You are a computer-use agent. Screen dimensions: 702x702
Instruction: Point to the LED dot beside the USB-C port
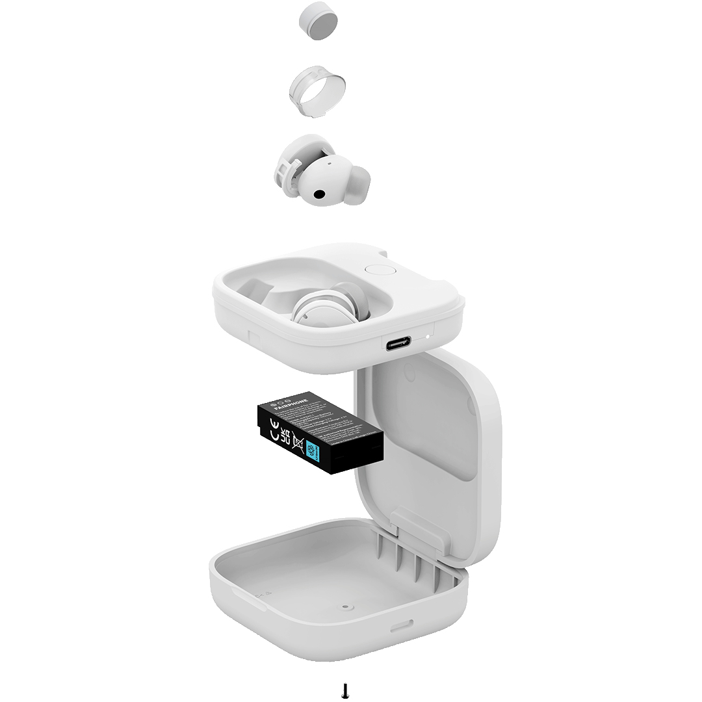pyautogui.click(x=427, y=337)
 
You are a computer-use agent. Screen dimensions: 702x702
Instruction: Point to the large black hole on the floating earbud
pyautogui.click(x=320, y=194)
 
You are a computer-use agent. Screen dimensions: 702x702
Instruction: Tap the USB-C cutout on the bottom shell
pyautogui.click(x=401, y=629)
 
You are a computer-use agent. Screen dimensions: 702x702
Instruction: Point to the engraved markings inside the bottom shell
pyautogui.click(x=261, y=593)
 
